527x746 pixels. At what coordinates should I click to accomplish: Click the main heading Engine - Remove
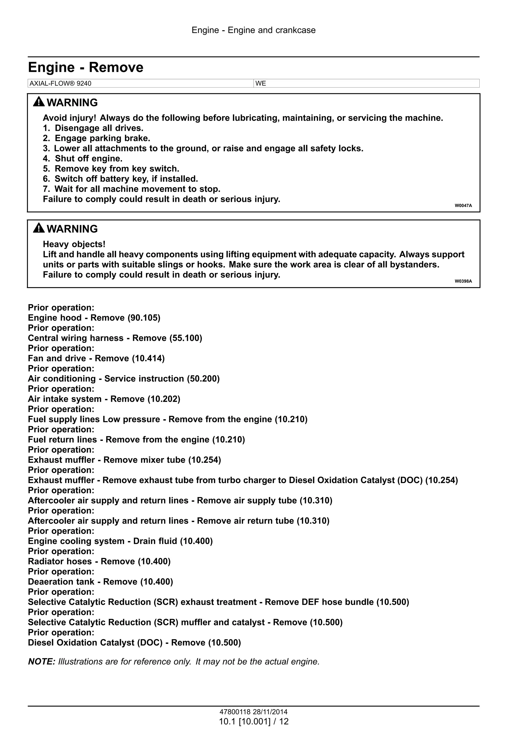(85, 67)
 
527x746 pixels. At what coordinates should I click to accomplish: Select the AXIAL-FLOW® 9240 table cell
(60, 83)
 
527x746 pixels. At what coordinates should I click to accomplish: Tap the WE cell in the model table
(261, 83)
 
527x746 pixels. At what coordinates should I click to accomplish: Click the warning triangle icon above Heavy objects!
(39, 228)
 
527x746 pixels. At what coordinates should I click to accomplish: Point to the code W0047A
(463, 206)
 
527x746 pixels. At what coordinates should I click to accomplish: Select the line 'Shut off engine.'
(88, 159)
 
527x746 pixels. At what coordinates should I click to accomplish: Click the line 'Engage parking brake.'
(102, 139)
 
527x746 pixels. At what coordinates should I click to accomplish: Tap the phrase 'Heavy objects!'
(74, 244)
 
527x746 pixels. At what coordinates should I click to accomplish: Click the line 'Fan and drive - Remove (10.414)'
(96, 358)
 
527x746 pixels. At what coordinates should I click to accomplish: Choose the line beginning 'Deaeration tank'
(100, 582)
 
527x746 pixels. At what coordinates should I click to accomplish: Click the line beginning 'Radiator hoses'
(99, 561)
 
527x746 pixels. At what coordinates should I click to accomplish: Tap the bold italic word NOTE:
(42, 662)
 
